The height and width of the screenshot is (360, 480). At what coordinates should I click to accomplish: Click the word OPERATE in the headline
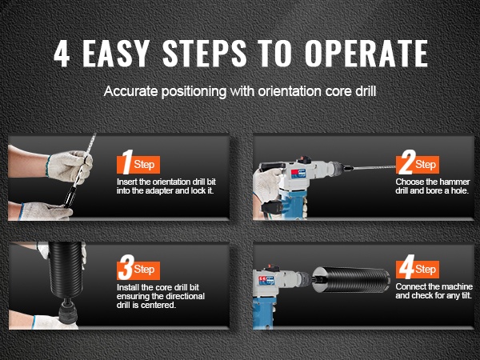[x=366, y=54]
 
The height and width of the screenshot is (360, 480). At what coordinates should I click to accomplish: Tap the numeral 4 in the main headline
[x=62, y=54]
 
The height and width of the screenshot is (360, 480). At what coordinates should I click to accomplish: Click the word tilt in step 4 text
[x=465, y=295]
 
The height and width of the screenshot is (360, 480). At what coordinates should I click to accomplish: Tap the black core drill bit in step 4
[x=351, y=279]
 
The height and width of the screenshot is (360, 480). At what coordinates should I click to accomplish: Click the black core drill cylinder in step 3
[x=66, y=270]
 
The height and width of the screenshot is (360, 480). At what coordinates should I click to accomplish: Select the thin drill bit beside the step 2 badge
[x=374, y=168]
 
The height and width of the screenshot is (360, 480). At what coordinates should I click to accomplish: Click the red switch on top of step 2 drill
[x=303, y=159]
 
